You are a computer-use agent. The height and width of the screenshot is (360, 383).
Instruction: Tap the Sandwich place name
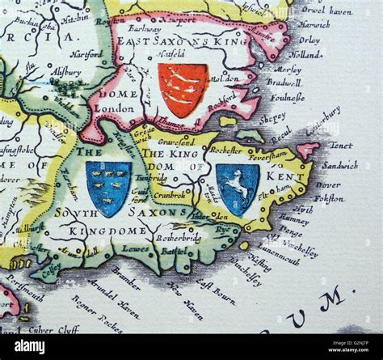click(339, 165)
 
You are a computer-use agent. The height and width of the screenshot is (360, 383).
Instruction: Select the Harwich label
click(317, 24)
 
